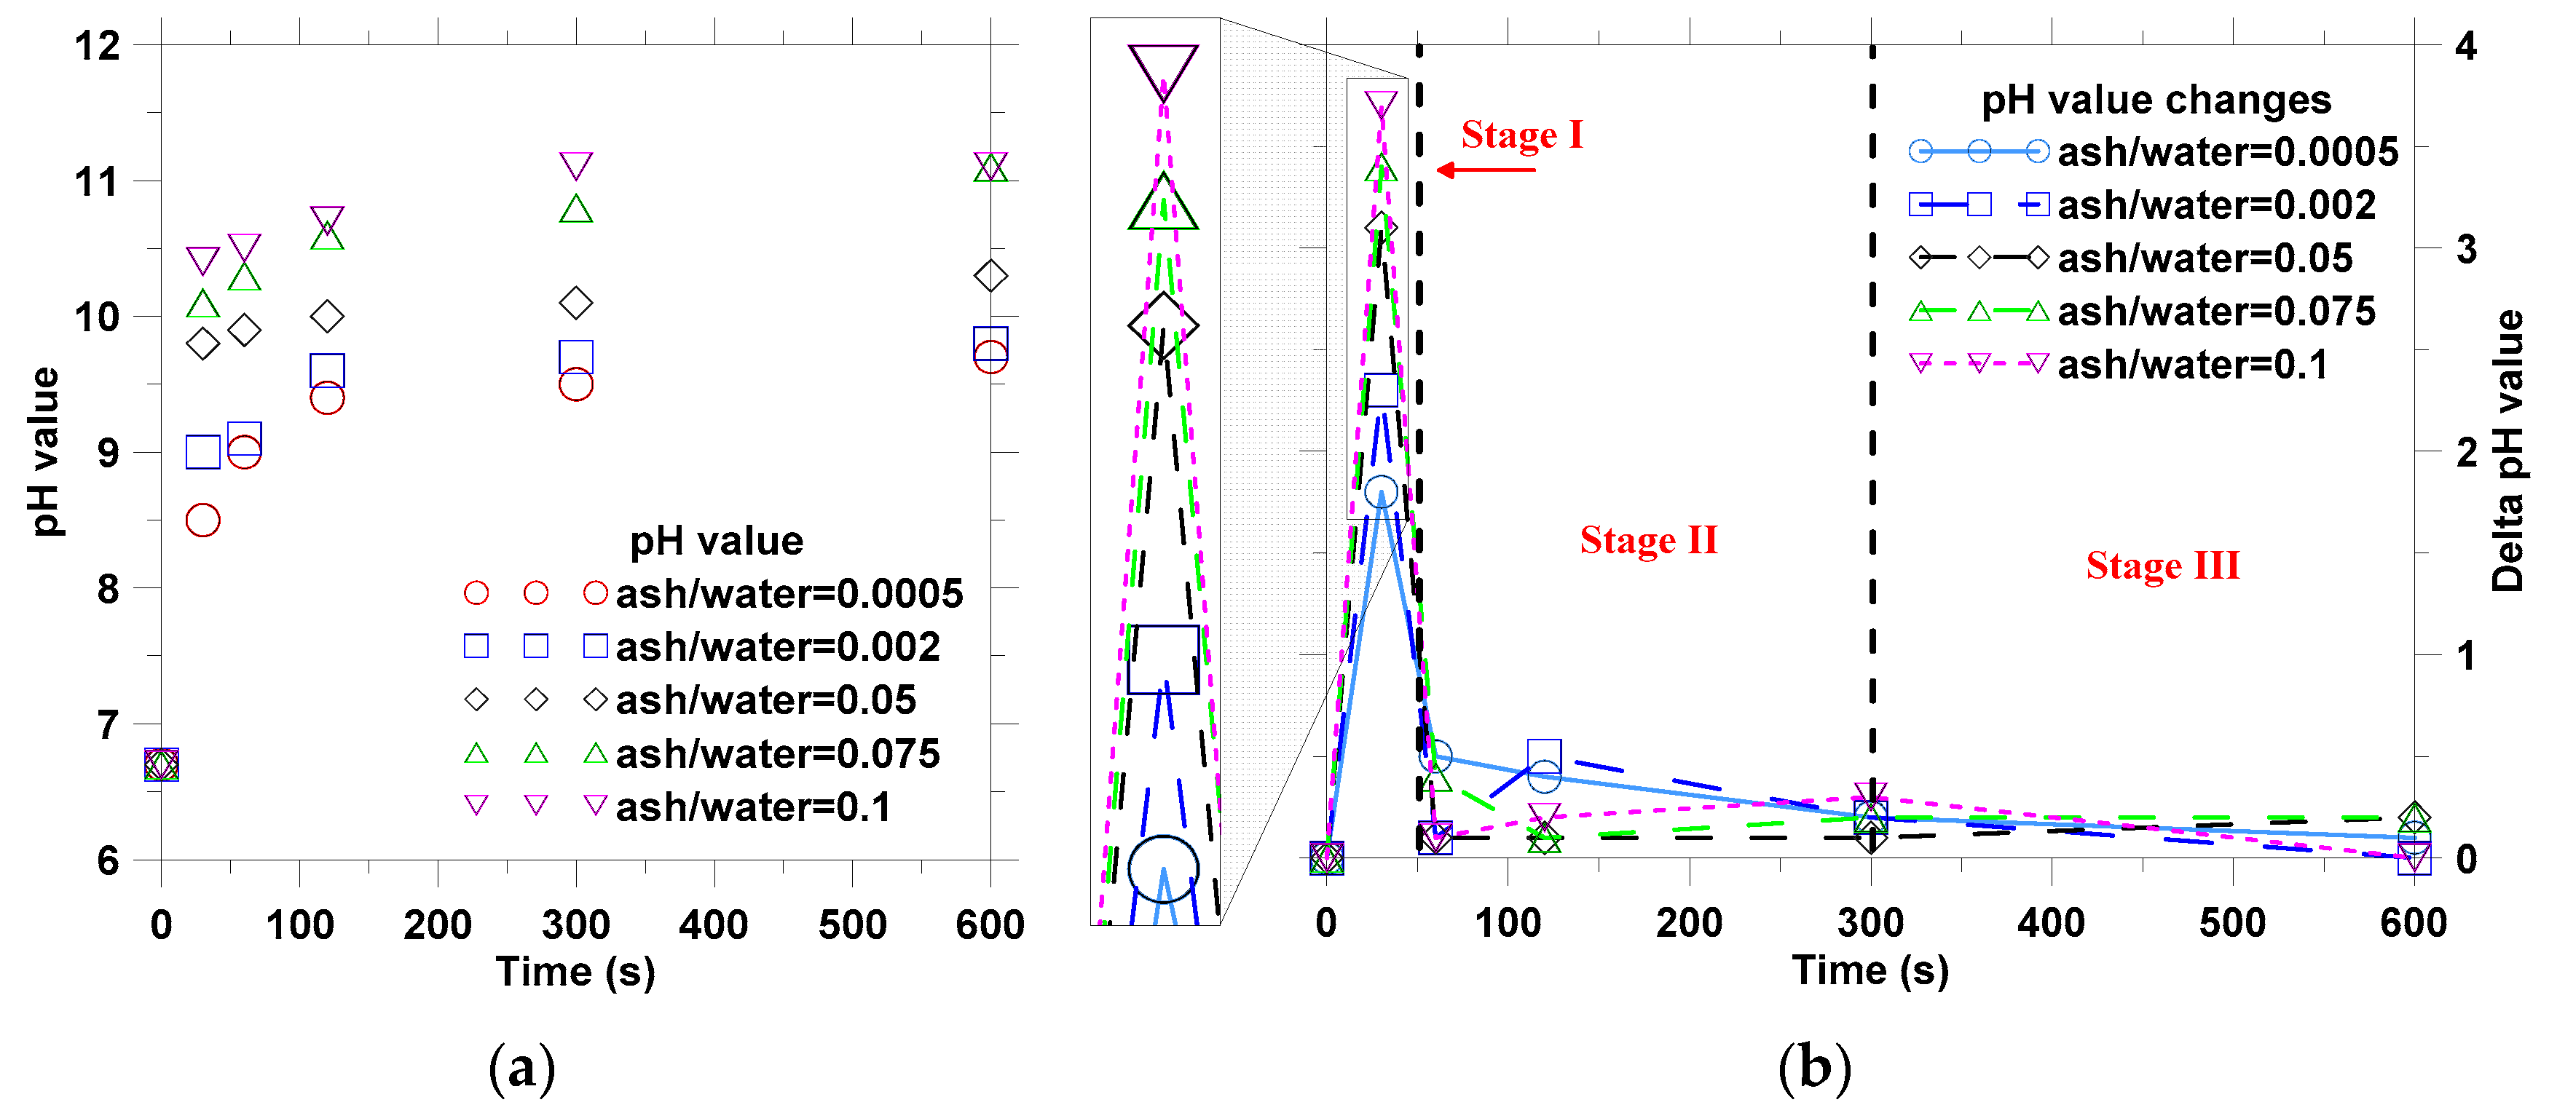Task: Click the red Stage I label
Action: pyautogui.click(x=1522, y=135)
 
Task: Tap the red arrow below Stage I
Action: pyautogui.click(x=1485, y=170)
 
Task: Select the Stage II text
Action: pyautogui.click(x=1649, y=540)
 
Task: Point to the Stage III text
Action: pyautogui.click(x=2162, y=566)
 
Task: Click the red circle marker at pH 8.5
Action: pyautogui.click(x=203, y=520)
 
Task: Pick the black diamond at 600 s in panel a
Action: pyautogui.click(x=990, y=275)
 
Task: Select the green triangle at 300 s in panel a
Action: pyautogui.click(x=576, y=210)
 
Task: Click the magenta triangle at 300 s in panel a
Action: pyautogui.click(x=576, y=165)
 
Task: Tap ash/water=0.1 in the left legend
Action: pyautogui.click(x=752, y=807)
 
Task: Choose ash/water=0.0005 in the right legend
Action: pyautogui.click(x=2227, y=151)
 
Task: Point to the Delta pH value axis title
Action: pyautogui.click(x=2507, y=450)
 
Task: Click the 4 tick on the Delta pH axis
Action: pyautogui.click(x=2466, y=46)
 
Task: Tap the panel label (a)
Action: pyautogui.click(x=521, y=1069)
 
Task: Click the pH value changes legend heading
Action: pyautogui.click(x=2155, y=100)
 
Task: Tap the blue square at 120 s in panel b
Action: pyautogui.click(x=1544, y=757)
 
